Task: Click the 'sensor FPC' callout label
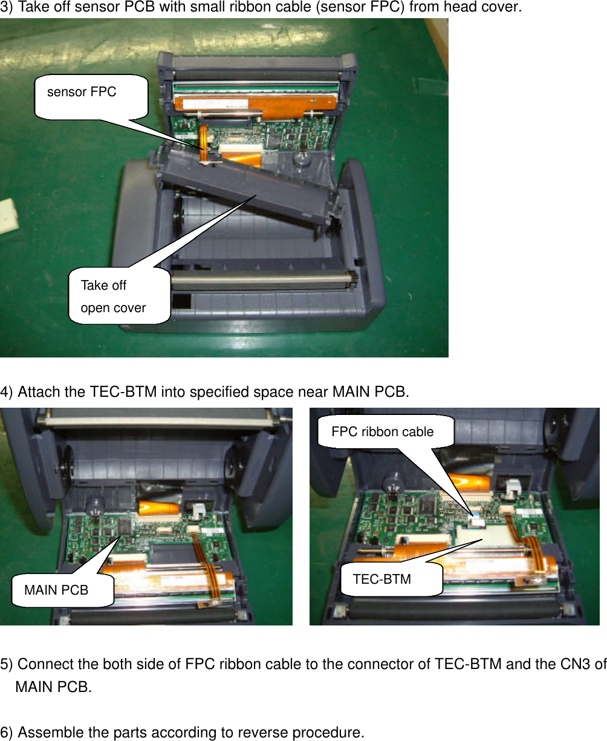[82, 93]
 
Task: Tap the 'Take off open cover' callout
[114, 296]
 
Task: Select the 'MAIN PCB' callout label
[56, 590]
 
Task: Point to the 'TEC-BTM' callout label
[382, 579]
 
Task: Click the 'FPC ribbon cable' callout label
[383, 432]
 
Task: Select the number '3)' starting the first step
[7, 8]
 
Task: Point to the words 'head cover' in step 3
[480, 8]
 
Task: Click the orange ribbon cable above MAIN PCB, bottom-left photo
[158, 507]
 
